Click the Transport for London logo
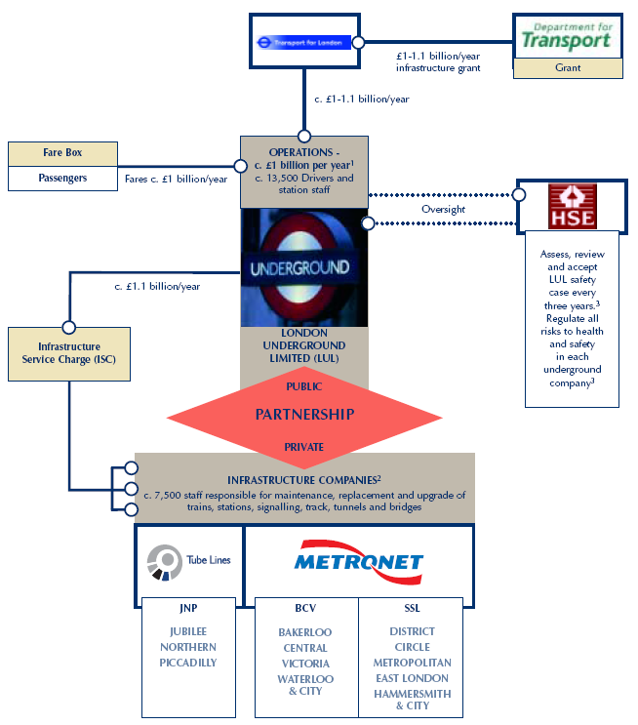pyautogui.click(x=303, y=42)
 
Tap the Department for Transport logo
pyautogui.click(x=566, y=37)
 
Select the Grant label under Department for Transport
pyautogui.click(x=567, y=68)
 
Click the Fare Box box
pyautogui.click(x=62, y=153)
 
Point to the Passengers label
pyautogui.click(x=62, y=179)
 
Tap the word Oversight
pyautogui.click(x=442, y=209)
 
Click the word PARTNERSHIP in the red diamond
pyautogui.click(x=304, y=414)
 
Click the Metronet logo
pyautogui.click(x=359, y=561)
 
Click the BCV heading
pyautogui.click(x=304, y=607)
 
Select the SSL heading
pyautogui.click(x=412, y=607)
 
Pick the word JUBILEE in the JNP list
pyautogui.click(x=188, y=631)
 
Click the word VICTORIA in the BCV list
pyautogui.click(x=304, y=664)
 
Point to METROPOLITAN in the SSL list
pyautogui.click(x=412, y=663)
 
